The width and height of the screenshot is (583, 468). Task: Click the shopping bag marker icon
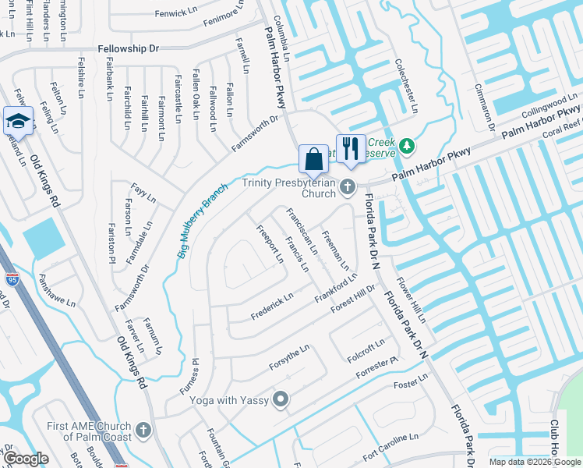coord(313,158)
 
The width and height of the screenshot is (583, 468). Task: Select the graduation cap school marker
coord(17,120)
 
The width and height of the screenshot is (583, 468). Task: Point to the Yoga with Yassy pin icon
coord(281,400)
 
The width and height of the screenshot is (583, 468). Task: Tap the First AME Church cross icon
coord(143,430)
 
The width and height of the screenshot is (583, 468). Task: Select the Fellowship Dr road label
coord(129,48)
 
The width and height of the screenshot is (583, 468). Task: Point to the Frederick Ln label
coord(272,306)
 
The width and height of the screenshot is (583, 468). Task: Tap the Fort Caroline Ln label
coord(390,443)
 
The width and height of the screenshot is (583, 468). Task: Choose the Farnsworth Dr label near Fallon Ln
coord(255,134)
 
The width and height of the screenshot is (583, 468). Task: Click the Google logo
coord(26,459)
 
